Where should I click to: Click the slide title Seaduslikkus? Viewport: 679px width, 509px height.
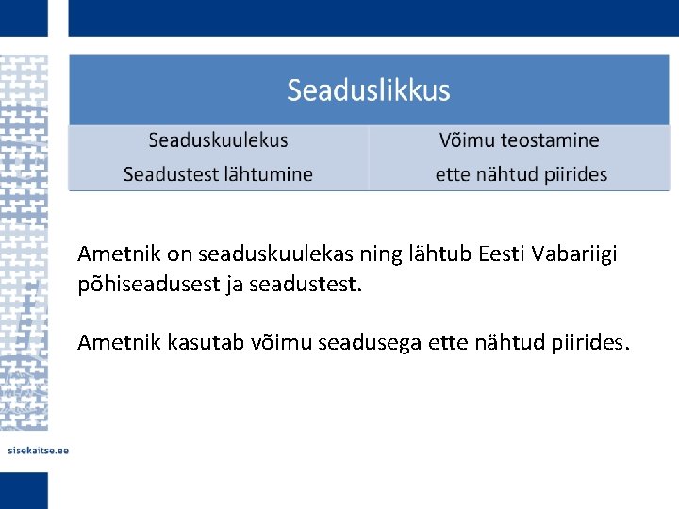[x=369, y=91]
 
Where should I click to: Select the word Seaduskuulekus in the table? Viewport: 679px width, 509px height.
[x=218, y=140]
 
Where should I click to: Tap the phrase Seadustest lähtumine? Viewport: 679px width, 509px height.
[x=218, y=174]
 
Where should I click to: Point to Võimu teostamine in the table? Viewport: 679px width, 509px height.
[x=519, y=140]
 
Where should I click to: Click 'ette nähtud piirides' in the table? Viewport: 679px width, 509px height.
[x=521, y=174]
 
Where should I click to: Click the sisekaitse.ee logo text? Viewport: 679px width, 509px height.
[x=39, y=451]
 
